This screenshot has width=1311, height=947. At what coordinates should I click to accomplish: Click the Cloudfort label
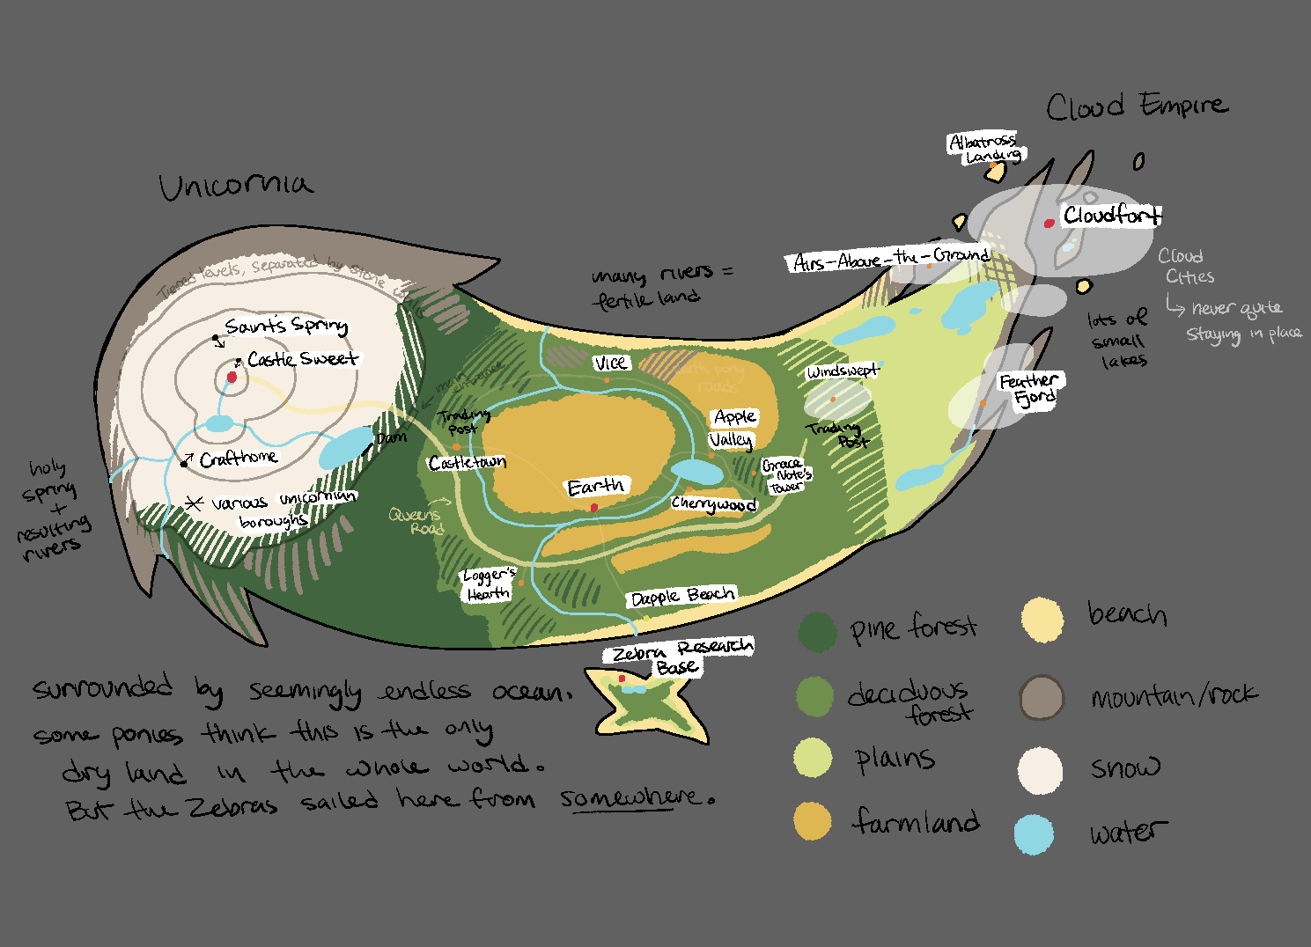1111,215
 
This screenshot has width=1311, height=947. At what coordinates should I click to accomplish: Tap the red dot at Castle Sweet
232,377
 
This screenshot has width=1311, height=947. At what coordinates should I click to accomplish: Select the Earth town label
596,487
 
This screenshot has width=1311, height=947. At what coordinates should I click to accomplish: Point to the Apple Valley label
733,428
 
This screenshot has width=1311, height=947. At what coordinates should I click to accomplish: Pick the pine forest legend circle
817,632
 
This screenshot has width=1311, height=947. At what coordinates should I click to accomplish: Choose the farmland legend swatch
812,820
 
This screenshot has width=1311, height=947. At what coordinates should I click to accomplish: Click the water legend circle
1034,834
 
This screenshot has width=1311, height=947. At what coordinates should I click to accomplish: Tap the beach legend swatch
1042,619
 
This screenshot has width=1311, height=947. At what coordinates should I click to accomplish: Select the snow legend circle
1040,770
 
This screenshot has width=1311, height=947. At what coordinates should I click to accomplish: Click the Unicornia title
235,186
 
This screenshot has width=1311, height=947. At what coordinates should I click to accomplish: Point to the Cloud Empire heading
1136,106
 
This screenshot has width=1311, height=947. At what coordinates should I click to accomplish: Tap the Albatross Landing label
986,148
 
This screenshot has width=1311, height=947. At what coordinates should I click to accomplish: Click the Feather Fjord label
1030,389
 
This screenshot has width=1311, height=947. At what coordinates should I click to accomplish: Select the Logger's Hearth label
489,584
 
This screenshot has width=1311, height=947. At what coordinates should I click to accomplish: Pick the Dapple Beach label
682,597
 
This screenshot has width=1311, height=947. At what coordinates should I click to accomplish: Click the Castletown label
468,462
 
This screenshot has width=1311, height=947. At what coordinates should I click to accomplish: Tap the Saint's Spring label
285,326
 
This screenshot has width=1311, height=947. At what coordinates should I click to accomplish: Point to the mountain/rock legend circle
1042,698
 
